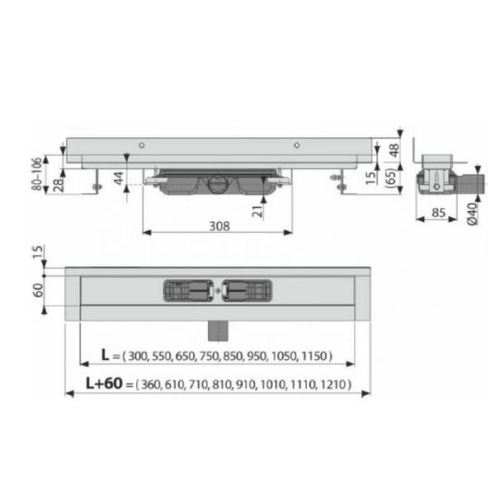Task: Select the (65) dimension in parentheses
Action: click(x=394, y=177)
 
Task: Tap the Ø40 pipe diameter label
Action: click(x=471, y=214)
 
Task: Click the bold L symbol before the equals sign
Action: click(x=106, y=356)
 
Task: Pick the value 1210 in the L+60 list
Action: click(x=335, y=384)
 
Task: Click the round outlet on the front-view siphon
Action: click(x=218, y=183)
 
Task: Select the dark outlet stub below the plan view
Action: click(x=218, y=328)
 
